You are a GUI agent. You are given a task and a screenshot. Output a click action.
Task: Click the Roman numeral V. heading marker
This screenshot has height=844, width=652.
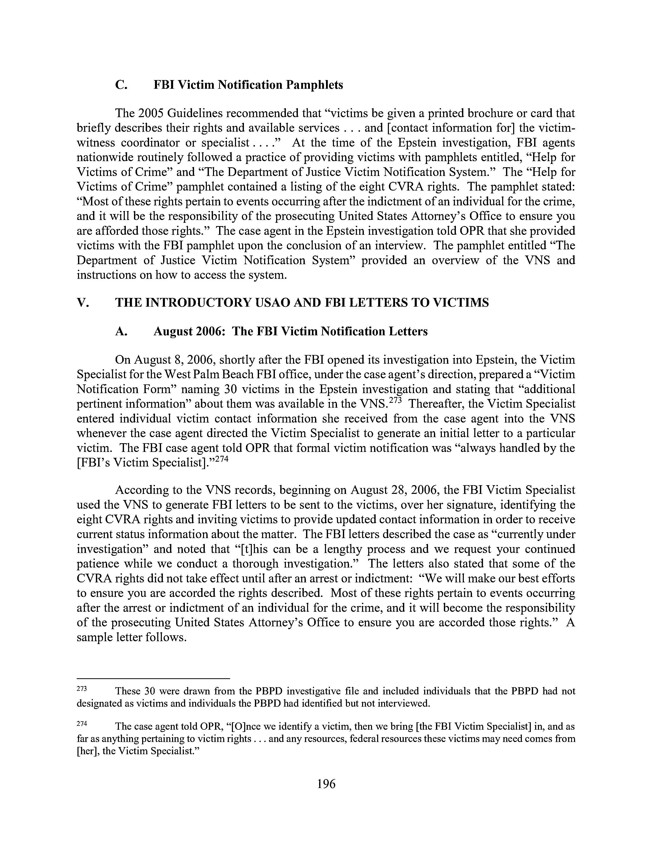click(83, 302)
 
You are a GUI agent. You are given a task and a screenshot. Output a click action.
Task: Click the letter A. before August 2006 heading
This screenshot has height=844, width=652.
click(120, 331)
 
